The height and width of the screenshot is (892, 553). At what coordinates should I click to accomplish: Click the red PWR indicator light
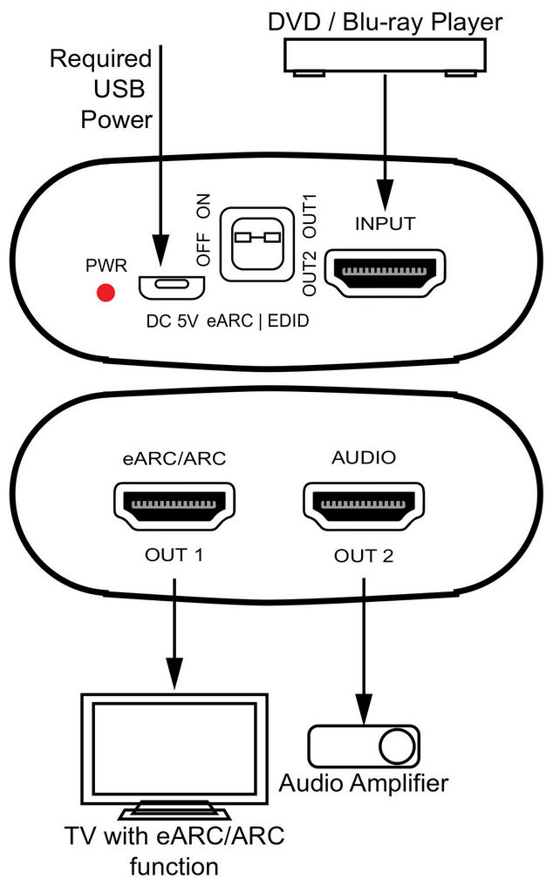106,294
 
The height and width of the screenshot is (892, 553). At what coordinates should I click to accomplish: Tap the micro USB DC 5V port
171,286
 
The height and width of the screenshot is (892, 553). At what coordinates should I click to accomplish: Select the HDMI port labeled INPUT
385,278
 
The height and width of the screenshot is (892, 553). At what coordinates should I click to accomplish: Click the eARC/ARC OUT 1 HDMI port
175,506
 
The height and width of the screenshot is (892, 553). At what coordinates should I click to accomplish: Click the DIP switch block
256,243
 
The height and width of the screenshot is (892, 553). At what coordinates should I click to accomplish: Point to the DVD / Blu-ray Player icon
384,57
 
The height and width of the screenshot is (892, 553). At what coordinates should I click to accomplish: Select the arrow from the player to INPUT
384,139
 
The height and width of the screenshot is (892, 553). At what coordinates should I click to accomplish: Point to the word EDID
290,321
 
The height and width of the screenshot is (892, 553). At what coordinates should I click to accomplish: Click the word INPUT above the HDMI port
385,222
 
